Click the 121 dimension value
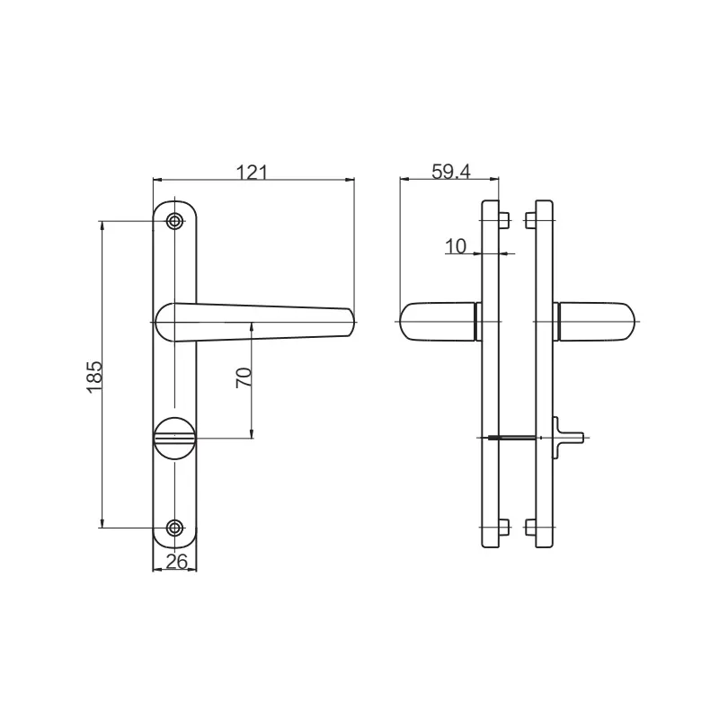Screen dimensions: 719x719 (253, 171)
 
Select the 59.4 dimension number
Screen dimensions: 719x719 (450, 171)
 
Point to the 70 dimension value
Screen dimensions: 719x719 (242, 377)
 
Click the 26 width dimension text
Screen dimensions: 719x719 (176, 563)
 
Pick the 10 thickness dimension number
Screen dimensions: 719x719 (457, 246)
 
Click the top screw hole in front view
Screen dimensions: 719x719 (175, 220)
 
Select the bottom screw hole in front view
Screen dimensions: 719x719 (175, 528)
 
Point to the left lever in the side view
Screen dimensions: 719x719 (436, 322)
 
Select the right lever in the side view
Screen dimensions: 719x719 (598, 322)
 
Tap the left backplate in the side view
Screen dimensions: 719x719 (491, 377)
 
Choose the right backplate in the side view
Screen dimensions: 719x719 (543, 377)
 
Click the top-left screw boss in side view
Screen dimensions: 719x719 (505, 220)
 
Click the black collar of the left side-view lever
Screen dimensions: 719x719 (477, 322)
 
